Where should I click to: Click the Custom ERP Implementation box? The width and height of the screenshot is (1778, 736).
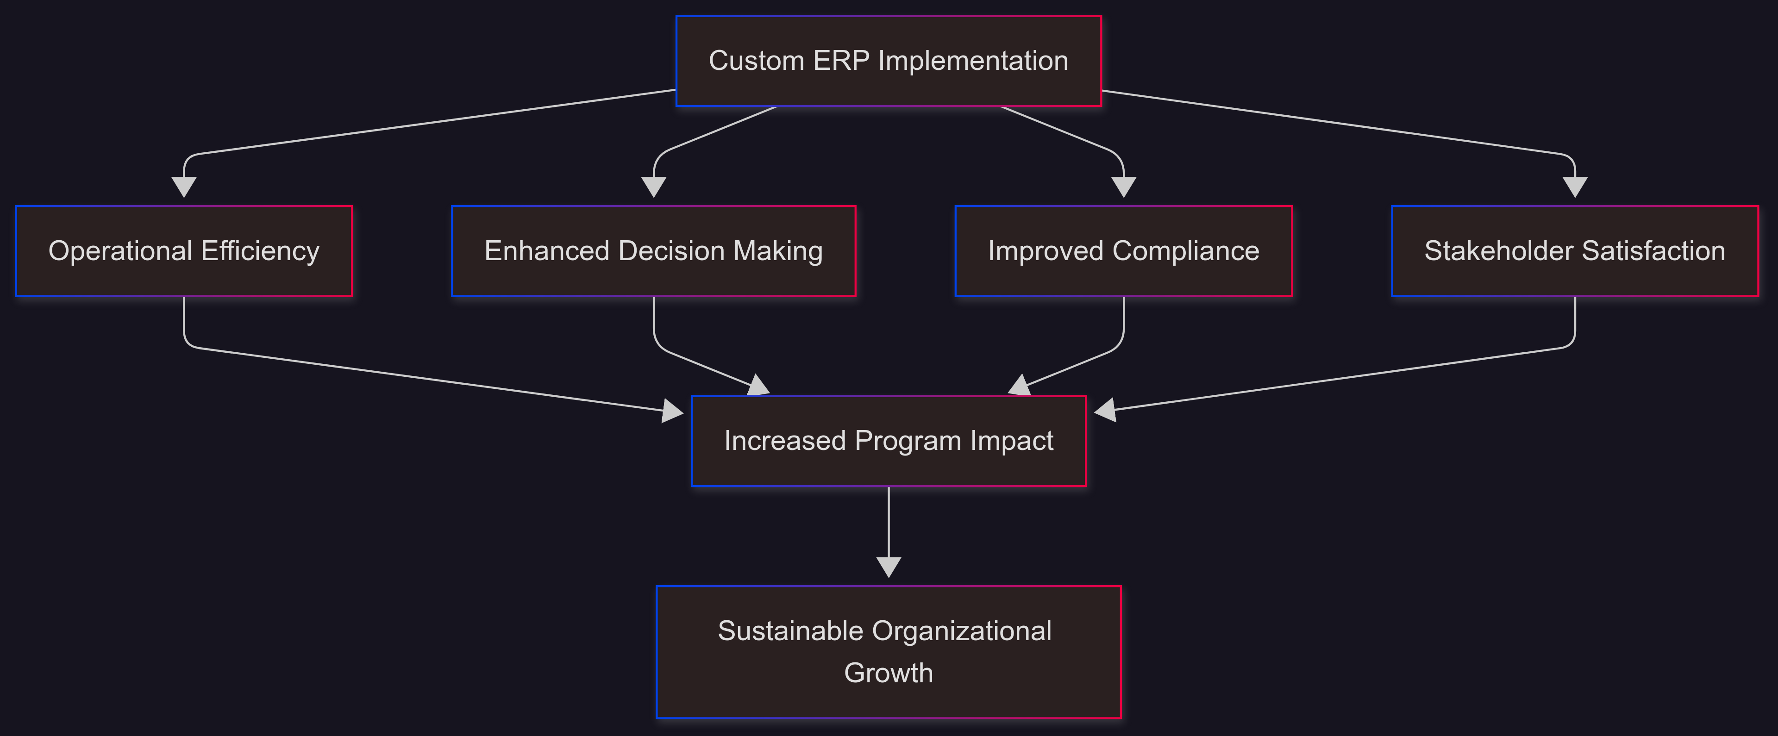889,61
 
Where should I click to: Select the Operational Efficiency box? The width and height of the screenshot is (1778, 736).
184,251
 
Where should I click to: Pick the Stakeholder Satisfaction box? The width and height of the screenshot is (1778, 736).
1574,251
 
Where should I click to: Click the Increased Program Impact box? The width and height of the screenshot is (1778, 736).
889,441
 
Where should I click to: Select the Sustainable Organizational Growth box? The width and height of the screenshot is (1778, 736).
889,652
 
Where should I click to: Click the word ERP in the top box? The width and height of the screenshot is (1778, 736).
841,61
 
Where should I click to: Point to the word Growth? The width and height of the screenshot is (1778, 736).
889,673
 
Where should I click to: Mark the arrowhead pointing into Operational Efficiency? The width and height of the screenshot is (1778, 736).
184,187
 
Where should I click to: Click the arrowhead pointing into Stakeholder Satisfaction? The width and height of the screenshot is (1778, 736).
1574,187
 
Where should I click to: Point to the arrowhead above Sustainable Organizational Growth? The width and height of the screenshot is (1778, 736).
889,567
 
